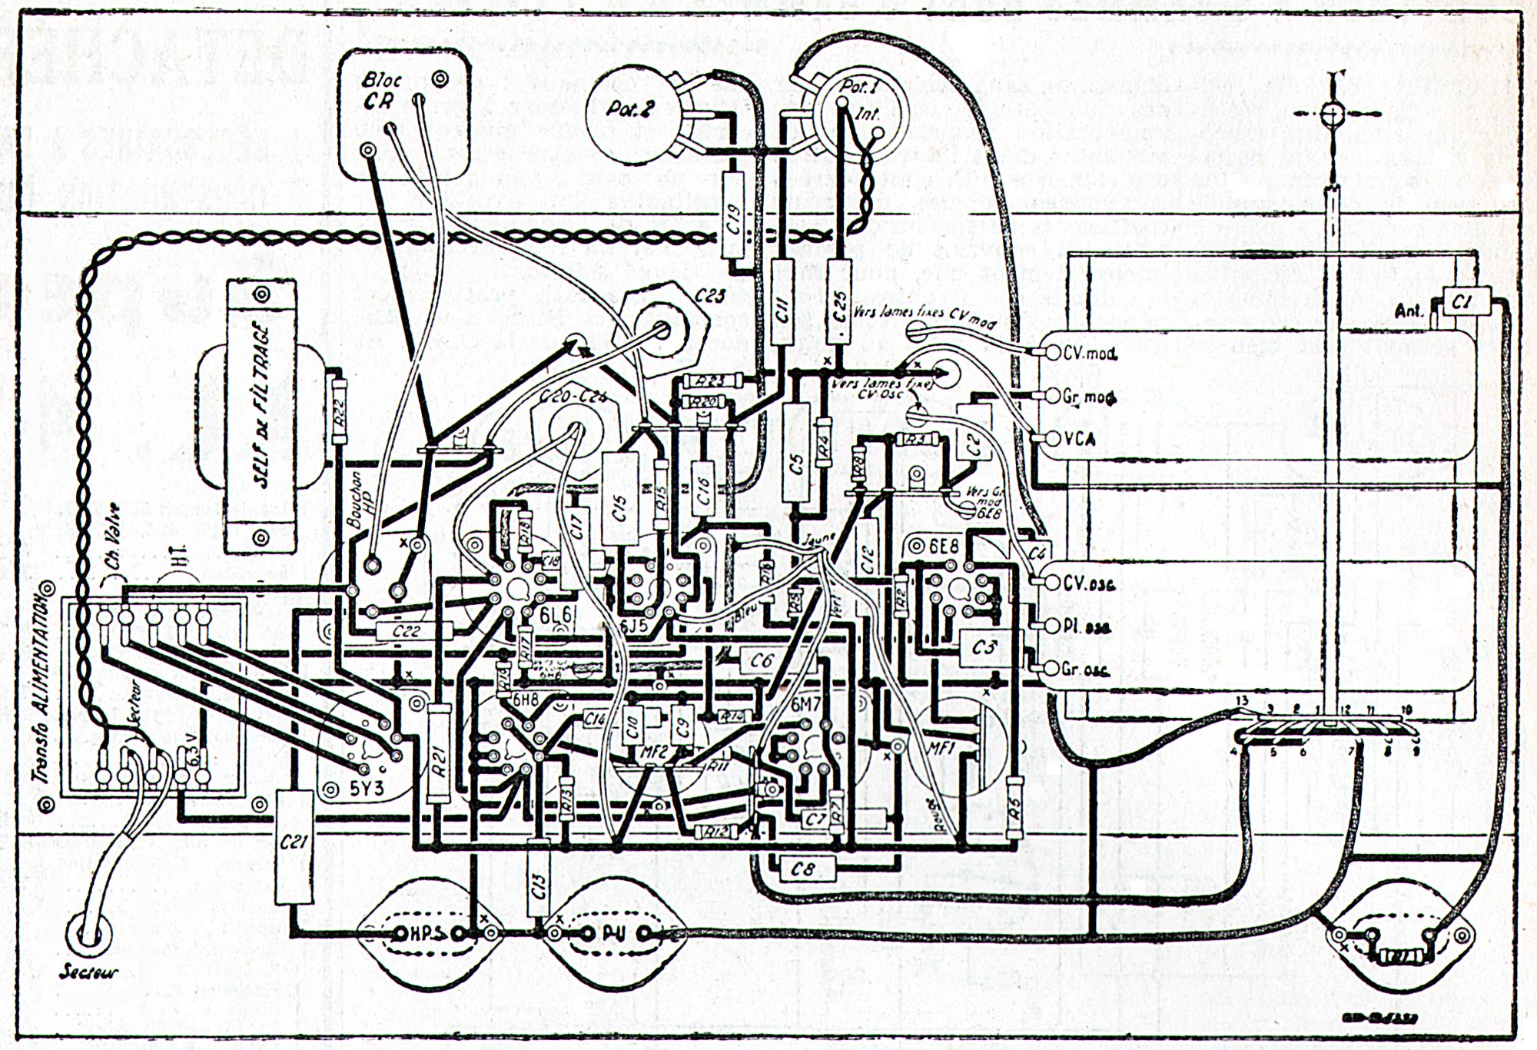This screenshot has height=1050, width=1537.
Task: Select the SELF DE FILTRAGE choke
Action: [x=261, y=416]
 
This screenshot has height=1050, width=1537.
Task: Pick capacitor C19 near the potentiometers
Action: [x=735, y=222]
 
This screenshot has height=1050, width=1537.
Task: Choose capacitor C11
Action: [x=782, y=304]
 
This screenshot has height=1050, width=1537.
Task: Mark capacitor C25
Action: [x=840, y=303]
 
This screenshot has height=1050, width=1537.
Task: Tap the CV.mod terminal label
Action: [x=1090, y=354]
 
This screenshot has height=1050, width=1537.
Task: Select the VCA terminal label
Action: [x=1080, y=439]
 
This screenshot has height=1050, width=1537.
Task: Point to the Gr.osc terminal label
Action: [x=1086, y=670]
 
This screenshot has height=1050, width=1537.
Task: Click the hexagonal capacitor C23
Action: [x=662, y=331]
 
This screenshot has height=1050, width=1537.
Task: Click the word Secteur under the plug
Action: [x=89, y=973]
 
